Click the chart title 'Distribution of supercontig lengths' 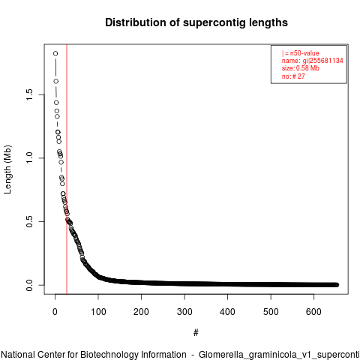point(196,22)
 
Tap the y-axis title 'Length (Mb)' point(7,169)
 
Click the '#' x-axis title point(196,333)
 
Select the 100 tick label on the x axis point(98,312)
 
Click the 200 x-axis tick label point(141,312)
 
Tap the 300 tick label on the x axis point(184,312)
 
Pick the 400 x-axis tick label point(227,312)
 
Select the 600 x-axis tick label point(313,312)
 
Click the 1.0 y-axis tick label point(29,158)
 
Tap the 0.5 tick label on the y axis point(29,221)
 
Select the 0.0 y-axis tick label point(29,285)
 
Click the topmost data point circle point(55,53)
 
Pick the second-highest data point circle point(56,81)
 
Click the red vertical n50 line point(67,169)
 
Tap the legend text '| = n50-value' point(301,53)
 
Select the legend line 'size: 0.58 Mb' point(301,68)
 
